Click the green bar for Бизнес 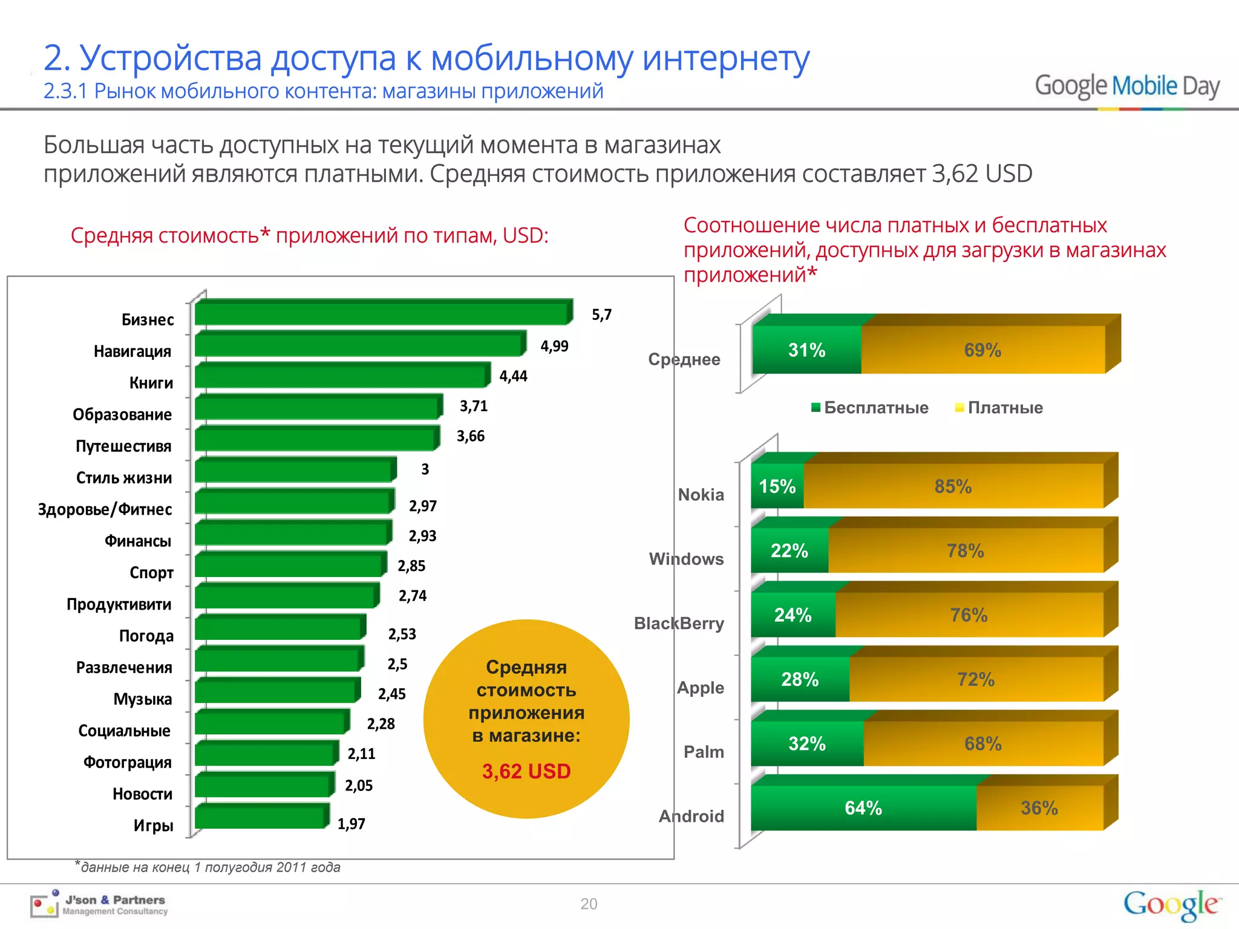381,313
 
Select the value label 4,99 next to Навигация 554,346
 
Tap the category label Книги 151,383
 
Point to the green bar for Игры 260,818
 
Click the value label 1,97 351,824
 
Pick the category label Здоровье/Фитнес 105,509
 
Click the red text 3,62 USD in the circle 526,771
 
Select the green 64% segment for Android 863,807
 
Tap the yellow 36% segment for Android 1039,807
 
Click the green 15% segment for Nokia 777,486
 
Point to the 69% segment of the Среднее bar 982,350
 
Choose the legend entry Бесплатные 869,408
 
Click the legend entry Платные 999,408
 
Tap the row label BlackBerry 679,623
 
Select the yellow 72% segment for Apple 975,679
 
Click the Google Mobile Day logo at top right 1127,86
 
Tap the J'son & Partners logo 100,905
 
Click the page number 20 589,904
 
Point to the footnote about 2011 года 209,867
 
